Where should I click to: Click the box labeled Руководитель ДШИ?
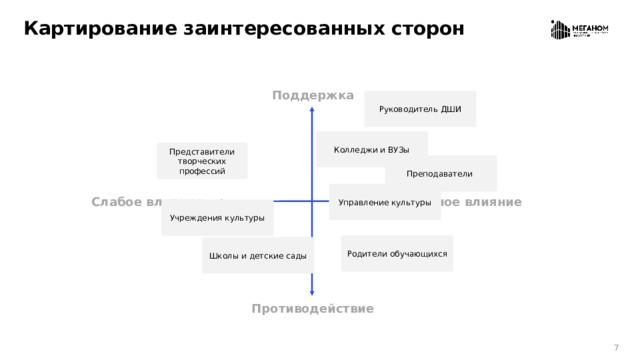(420, 109)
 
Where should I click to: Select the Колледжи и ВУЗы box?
(372, 149)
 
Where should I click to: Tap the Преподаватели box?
(440, 174)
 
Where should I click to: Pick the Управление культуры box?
(384, 203)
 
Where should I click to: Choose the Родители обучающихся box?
(397, 254)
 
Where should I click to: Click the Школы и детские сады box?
(257, 256)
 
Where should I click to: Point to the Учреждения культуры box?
(217, 217)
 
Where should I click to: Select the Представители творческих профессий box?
(202, 161)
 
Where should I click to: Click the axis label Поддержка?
(312, 95)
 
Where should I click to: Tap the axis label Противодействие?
(313, 308)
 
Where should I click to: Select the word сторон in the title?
(429, 28)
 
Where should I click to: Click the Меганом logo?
(580, 30)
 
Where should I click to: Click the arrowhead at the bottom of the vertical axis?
(312, 292)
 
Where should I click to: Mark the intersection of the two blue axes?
(312, 202)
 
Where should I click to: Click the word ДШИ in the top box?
(451, 109)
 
